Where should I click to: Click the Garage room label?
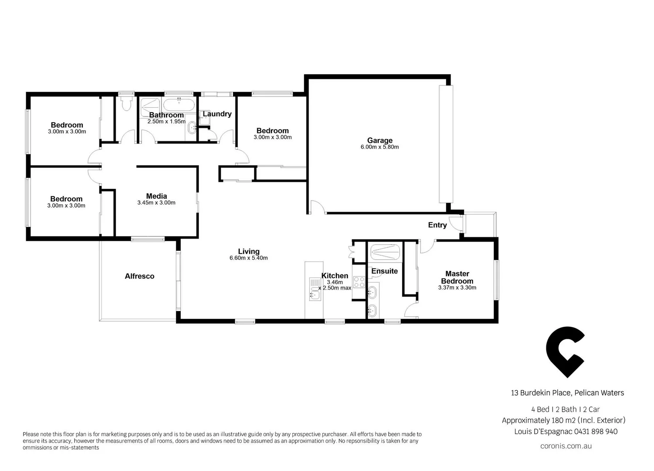380,140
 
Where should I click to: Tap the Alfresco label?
139,276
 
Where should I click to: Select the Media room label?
156,196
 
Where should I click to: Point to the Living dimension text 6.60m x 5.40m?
248,258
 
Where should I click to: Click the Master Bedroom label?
457,277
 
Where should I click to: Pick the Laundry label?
217,114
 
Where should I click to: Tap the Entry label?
437,225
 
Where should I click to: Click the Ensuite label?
384,271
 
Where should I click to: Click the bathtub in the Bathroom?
179,105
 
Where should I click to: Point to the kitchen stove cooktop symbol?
359,282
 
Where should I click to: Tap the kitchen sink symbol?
315,290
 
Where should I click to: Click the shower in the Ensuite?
385,253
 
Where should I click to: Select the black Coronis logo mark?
565,352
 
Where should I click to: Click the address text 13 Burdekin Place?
540,393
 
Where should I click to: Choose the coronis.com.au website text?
566,446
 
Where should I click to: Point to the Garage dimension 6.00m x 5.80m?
380,147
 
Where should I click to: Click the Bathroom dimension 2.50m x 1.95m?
166,122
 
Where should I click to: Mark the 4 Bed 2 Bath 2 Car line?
565,410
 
